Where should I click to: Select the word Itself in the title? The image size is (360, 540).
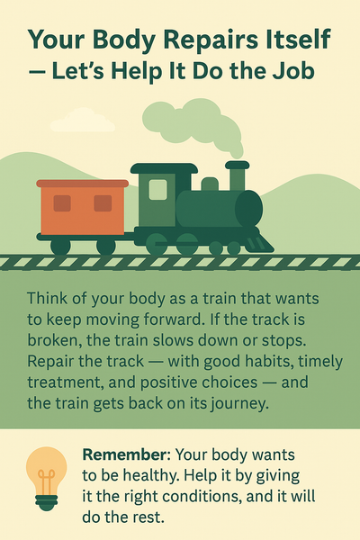click(x=292, y=40)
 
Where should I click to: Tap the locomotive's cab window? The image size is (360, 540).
click(x=157, y=189)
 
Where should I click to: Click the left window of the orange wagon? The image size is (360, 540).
click(x=62, y=203)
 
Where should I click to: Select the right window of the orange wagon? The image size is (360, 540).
click(x=103, y=203)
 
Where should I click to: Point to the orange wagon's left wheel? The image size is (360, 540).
click(x=60, y=246)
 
